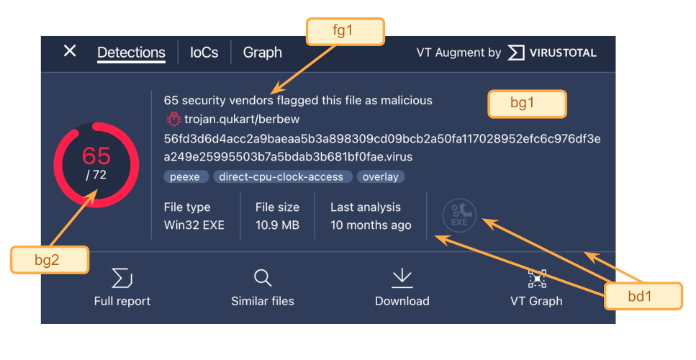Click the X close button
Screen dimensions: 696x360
(x=70, y=50)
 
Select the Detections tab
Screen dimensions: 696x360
(x=132, y=53)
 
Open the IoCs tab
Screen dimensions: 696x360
(x=204, y=53)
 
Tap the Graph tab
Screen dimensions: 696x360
(x=262, y=53)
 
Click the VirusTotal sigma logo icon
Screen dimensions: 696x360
(x=516, y=53)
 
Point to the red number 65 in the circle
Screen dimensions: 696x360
(x=96, y=156)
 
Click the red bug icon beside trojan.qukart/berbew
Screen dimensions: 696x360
(x=173, y=119)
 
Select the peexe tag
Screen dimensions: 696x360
(x=185, y=176)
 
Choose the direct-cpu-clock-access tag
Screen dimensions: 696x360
(x=281, y=176)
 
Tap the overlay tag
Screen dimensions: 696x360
(x=381, y=176)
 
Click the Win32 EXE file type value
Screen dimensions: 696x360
(x=194, y=225)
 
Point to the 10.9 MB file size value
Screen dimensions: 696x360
(x=277, y=225)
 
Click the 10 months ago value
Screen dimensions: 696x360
(x=371, y=225)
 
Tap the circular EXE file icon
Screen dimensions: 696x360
(x=459, y=215)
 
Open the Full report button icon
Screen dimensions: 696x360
(x=122, y=278)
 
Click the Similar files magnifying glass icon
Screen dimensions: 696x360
(x=263, y=278)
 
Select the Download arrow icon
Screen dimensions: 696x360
(x=402, y=278)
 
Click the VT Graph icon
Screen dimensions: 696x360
(x=537, y=279)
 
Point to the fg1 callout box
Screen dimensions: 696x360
(x=345, y=31)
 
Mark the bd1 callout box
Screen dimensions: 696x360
(x=643, y=296)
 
